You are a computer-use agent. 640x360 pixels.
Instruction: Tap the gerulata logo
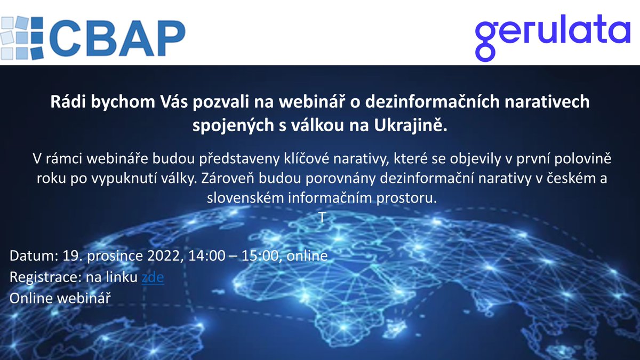(x=553, y=33)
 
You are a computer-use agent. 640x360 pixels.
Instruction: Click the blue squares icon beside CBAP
(x=21, y=33)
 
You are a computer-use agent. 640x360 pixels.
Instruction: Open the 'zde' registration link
(x=153, y=277)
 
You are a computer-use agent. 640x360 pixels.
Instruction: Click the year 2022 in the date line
(x=165, y=257)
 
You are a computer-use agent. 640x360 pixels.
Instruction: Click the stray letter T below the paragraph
(x=322, y=217)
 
